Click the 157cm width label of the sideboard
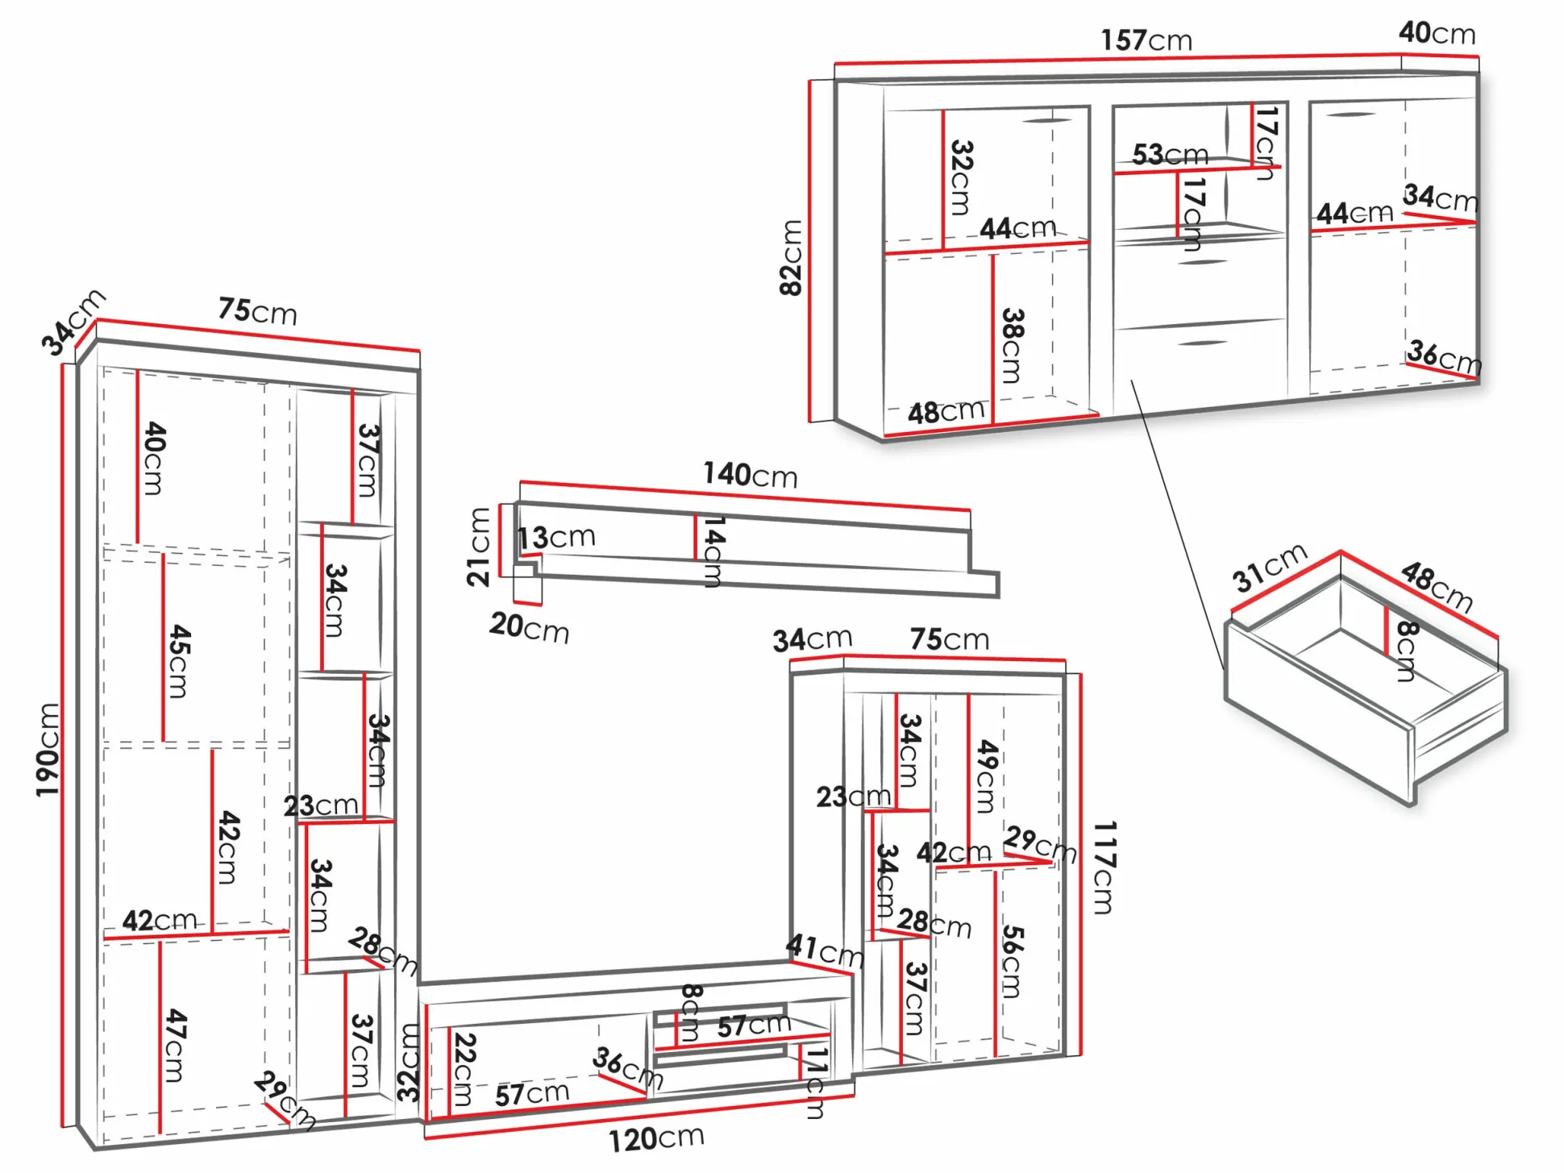(1146, 40)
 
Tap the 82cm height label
(792, 258)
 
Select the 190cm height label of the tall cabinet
(48, 750)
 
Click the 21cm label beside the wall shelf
(479, 547)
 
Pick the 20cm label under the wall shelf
(529, 627)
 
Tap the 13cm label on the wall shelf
(556, 538)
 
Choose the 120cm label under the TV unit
(655, 1138)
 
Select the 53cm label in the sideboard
(1170, 154)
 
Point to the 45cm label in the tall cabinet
(178, 661)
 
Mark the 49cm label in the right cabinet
(987, 776)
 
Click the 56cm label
(1012, 961)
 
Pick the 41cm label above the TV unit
(825, 950)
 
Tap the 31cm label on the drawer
(1269, 568)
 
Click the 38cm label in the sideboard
(1012, 345)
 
